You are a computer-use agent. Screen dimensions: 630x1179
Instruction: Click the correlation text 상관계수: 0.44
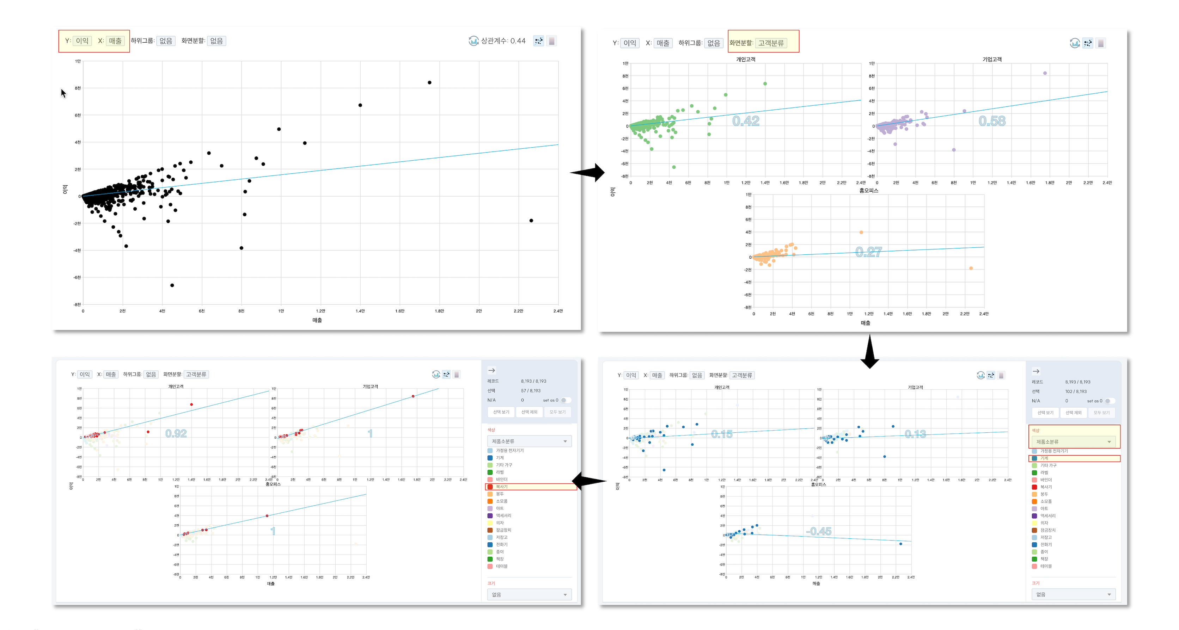click(x=503, y=41)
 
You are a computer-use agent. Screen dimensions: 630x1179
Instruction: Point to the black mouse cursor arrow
click(x=63, y=93)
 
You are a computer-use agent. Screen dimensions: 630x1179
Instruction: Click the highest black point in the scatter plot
click(x=429, y=83)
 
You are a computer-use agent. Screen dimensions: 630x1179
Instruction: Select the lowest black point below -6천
click(x=172, y=285)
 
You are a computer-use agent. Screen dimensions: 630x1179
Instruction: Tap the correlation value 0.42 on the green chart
click(x=746, y=121)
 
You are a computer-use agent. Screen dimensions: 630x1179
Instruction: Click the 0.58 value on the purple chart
click(x=992, y=121)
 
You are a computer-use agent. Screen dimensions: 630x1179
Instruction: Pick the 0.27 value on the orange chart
click(x=868, y=252)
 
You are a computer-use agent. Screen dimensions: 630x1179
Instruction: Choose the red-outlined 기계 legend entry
click(x=1044, y=458)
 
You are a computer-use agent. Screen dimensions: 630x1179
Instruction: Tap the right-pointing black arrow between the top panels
click(x=588, y=173)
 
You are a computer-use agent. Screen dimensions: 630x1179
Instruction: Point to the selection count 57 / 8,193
click(x=531, y=391)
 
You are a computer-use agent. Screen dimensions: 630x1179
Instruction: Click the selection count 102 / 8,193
click(x=1076, y=391)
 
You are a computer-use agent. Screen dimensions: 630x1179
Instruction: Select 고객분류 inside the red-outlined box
click(x=771, y=43)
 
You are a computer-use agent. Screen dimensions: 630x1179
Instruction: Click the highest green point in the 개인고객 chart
click(x=765, y=84)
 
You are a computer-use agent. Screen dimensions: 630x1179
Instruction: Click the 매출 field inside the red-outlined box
click(x=115, y=41)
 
